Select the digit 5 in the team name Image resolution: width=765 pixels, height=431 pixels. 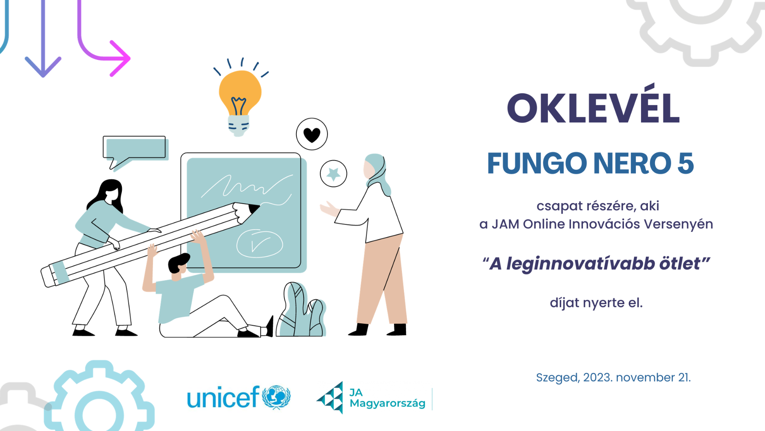click(685, 164)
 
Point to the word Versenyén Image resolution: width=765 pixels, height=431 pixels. click(679, 224)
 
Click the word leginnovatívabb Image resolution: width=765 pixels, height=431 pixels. click(581, 264)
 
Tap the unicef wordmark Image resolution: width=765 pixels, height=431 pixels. click(224, 397)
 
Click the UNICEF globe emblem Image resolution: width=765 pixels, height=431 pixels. click(277, 397)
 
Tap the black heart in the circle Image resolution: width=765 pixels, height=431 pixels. click(312, 135)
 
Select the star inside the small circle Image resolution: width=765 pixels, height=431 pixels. click(333, 174)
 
